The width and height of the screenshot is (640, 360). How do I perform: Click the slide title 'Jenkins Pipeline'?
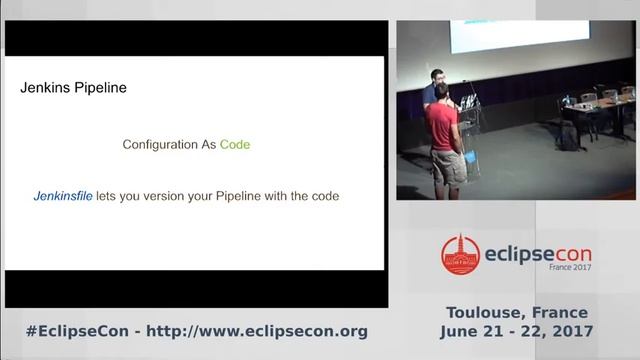[x=73, y=88]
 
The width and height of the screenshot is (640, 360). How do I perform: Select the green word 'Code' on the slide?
[x=235, y=145]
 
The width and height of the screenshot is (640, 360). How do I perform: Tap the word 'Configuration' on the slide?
[x=159, y=145]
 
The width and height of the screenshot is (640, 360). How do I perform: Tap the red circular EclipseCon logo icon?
[x=461, y=255]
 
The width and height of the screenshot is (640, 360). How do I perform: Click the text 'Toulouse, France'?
[x=517, y=312]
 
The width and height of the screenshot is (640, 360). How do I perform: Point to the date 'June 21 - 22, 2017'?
[x=516, y=331]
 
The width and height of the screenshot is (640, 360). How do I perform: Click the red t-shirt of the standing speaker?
[x=442, y=126]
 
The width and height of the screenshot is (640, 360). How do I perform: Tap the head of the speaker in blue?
[x=436, y=76]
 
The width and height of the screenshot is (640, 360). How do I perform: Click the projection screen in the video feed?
[x=504, y=36]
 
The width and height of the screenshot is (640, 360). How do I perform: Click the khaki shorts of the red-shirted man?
[x=448, y=166]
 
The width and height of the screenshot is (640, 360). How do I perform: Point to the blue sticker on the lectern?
[x=470, y=157]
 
